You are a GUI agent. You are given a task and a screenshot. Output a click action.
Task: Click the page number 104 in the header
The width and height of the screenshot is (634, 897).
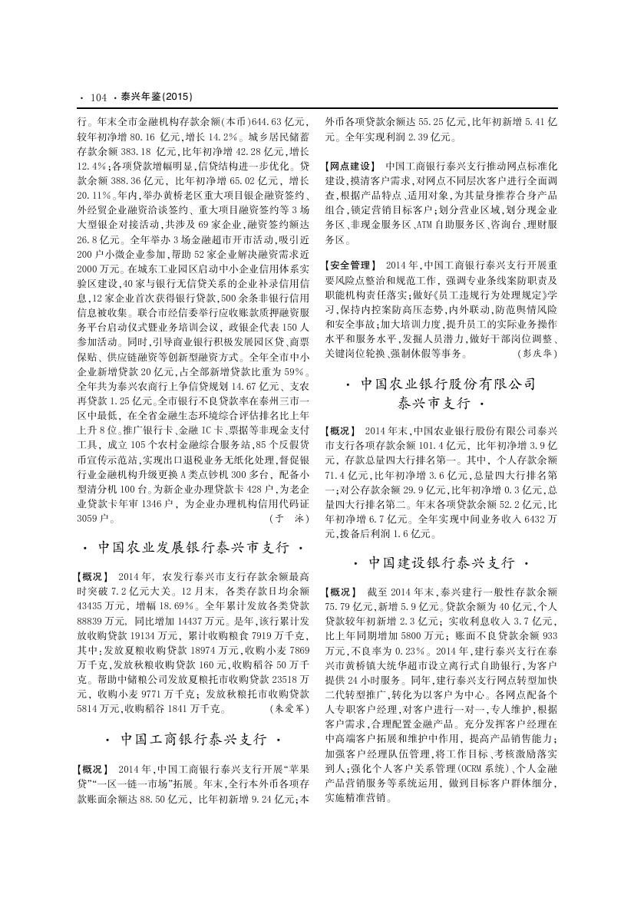point(97,97)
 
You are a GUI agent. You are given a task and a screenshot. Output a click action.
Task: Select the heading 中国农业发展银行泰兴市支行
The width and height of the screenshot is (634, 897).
point(194,548)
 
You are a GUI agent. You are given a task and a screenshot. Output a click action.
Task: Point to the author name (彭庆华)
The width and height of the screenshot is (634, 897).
point(537,354)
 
